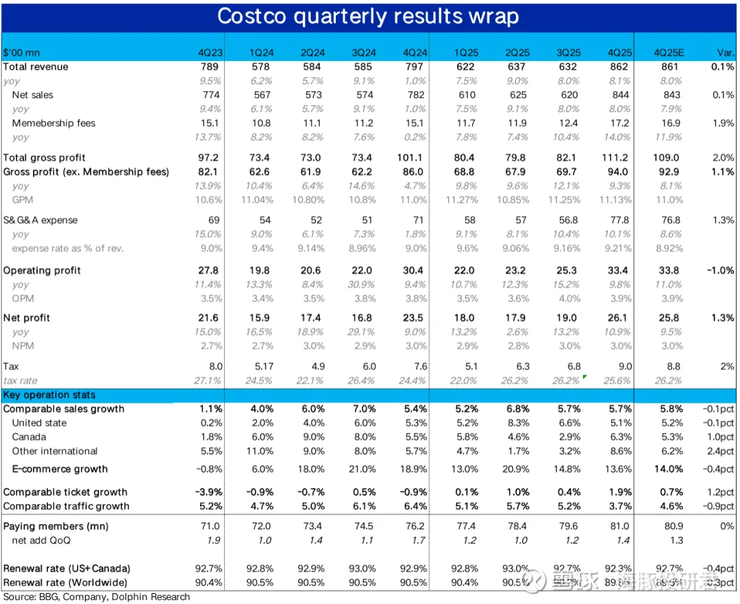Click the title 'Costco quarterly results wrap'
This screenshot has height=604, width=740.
368,16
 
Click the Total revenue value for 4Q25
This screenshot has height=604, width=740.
619,66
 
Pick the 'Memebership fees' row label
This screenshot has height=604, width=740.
53,123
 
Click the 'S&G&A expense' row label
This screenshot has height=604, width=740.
40,221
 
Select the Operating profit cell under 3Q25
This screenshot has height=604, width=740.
569,270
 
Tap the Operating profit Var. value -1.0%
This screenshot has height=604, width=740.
720,270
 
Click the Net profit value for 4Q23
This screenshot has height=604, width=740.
208,318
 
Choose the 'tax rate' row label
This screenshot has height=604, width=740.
20,381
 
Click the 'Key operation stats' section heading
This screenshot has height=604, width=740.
49,395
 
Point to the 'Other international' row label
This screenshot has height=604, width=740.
55,451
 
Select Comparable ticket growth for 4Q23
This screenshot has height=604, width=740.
208,492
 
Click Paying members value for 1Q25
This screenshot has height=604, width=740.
465,526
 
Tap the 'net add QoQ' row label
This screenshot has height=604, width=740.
41,540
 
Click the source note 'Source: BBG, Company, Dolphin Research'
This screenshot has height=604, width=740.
96,597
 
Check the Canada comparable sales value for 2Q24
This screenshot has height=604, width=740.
312,437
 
